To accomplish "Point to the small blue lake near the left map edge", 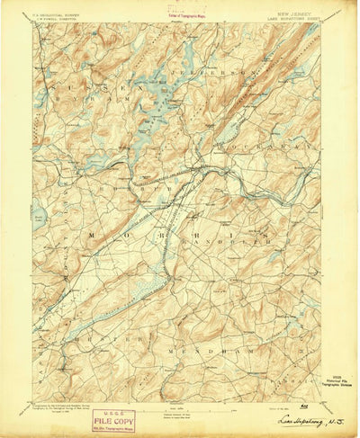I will point(40,218).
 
